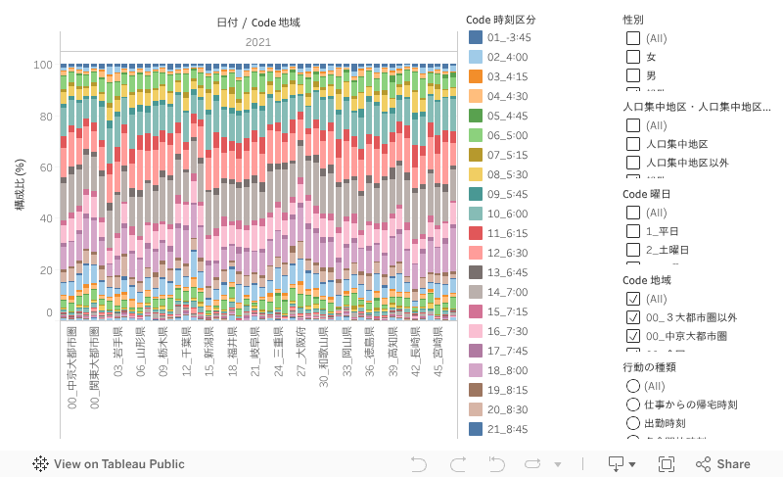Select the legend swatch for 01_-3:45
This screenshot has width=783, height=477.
pyautogui.click(x=476, y=37)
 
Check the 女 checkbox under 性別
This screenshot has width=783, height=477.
pyautogui.click(x=633, y=57)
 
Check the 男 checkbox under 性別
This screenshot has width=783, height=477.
pyautogui.click(x=633, y=75)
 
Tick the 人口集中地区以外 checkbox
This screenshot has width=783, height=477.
pyautogui.click(x=633, y=163)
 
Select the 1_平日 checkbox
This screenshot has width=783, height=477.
pyautogui.click(x=633, y=231)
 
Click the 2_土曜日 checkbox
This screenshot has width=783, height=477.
pyautogui.click(x=633, y=250)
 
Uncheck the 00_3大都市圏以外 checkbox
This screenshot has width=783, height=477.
pyautogui.click(x=633, y=317)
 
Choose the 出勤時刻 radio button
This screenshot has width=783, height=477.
pyautogui.click(x=633, y=422)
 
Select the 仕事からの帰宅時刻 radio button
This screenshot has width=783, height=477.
pyautogui.click(x=633, y=404)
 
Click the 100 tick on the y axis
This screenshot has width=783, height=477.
pyautogui.click(x=43, y=66)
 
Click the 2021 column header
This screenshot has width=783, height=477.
pyautogui.click(x=258, y=42)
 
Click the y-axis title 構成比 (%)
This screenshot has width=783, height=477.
pyautogui.click(x=20, y=186)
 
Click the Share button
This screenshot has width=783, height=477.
pyautogui.click(x=723, y=464)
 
